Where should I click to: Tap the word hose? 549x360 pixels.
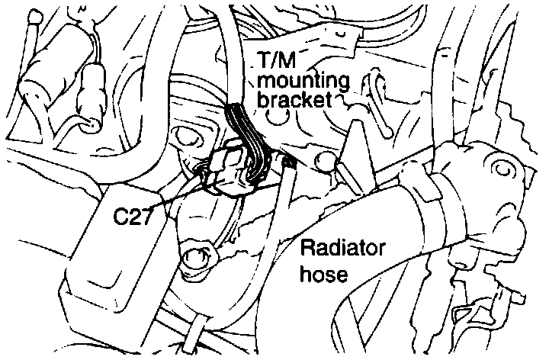(x=324, y=273)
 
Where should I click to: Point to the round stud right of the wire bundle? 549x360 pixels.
(x=323, y=159)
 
